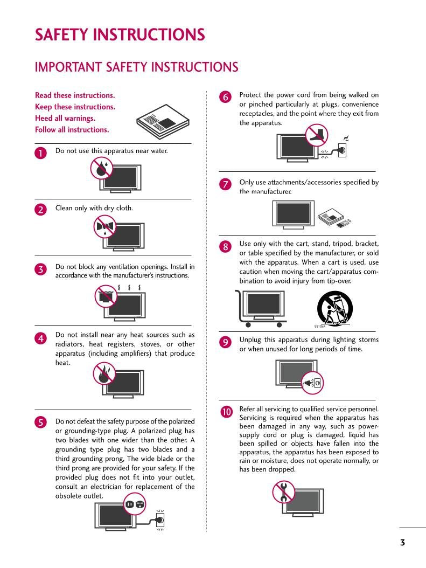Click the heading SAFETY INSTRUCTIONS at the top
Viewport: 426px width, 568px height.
click(x=120, y=35)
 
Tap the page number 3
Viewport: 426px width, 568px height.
click(x=402, y=542)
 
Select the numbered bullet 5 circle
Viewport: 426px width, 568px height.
click(x=41, y=422)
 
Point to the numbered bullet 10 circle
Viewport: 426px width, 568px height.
click(x=226, y=412)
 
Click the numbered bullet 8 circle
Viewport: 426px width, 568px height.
click(x=226, y=247)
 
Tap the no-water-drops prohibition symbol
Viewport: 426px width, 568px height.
click(x=101, y=168)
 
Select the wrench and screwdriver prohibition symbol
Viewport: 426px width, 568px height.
click(x=283, y=491)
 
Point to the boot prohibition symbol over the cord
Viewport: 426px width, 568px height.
click(x=316, y=135)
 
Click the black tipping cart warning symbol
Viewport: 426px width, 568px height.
click(x=334, y=308)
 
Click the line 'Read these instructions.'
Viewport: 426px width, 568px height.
click(x=75, y=95)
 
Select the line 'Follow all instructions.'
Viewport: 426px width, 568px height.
click(x=72, y=129)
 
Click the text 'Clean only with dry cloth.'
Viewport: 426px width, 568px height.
click(x=94, y=208)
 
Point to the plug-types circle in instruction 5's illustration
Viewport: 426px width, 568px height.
click(x=135, y=505)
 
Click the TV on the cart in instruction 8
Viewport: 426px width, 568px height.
click(x=263, y=305)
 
